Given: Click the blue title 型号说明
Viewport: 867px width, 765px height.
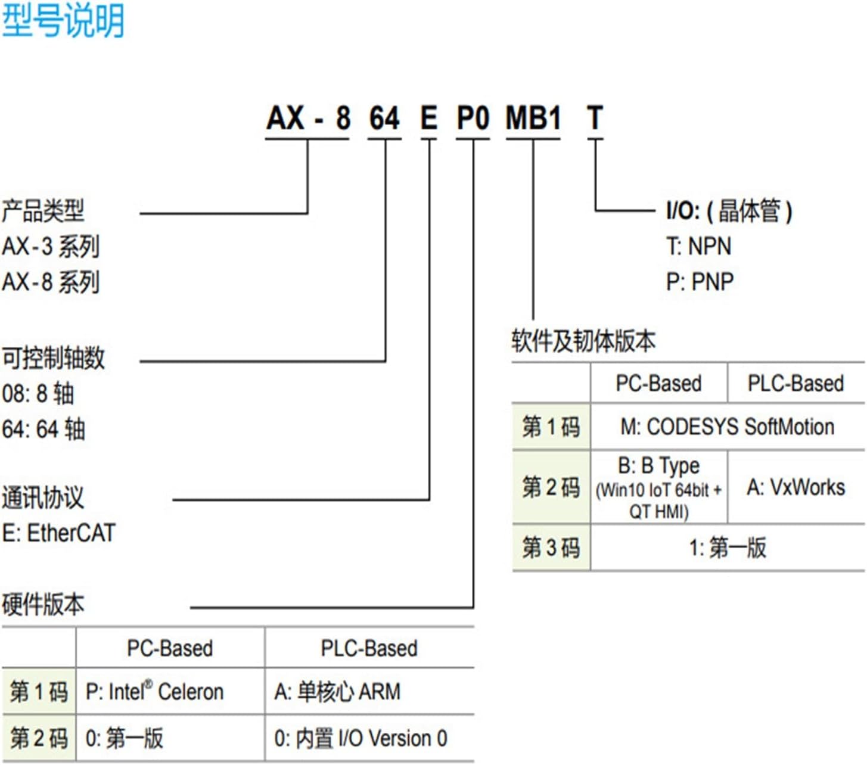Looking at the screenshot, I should click(x=63, y=21).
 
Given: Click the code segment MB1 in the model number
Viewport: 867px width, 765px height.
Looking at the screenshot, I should click(x=533, y=118).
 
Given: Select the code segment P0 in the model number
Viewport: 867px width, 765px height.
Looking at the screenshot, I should click(x=473, y=118).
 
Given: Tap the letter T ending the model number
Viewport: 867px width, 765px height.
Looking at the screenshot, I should click(x=595, y=118).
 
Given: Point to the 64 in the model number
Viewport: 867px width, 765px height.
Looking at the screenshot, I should click(x=384, y=118).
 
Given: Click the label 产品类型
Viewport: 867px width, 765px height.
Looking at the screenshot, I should click(x=43, y=211).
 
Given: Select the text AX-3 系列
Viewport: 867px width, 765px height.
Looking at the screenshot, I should click(x=51, y=247).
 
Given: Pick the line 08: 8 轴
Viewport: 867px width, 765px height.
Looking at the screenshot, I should click(x=38, y=394).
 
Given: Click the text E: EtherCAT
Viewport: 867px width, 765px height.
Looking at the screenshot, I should click(x=58, y=533).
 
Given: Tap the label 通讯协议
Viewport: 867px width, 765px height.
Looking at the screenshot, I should click(x=43, y=498).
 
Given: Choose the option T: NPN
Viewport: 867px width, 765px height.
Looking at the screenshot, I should click(x=698, y=247).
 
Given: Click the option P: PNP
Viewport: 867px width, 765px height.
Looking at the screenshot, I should click(x=700, y=282).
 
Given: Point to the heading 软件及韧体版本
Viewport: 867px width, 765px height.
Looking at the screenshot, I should click(x=583, y=341).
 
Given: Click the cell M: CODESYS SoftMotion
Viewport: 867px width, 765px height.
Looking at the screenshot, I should click(x=727, y=427).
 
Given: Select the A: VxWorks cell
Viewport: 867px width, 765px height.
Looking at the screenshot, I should click(x=795, y=487).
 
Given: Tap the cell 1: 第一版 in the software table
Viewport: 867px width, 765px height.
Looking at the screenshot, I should click(x=727, y=548).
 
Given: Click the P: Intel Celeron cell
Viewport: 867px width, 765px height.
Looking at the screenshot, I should click(x=154, y=692).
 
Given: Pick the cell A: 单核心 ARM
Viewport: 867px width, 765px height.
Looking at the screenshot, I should click(x=337, y=692).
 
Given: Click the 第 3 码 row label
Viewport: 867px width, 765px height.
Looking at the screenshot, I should click(x=551, y=548).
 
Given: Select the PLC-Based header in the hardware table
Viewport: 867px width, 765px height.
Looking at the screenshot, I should click(x=369, y=648).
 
